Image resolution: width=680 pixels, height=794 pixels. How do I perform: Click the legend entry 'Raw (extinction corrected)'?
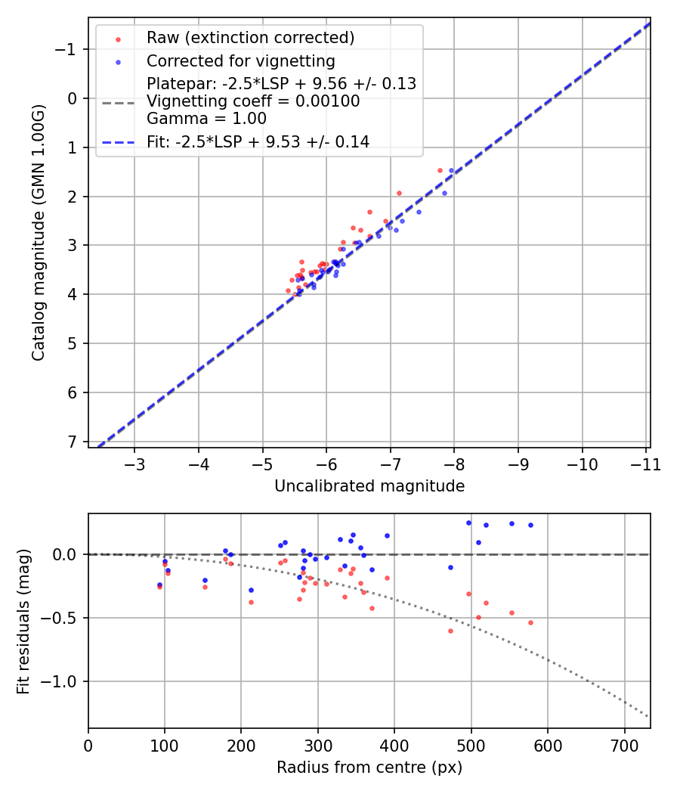pyautogui.click(x=250, y=38)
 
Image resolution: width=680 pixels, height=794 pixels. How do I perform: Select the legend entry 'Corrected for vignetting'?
pyautogui.click(x=240, y=60)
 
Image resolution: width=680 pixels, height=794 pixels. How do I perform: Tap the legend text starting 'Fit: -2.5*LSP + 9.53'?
pyautogui.click(x=258, y=141)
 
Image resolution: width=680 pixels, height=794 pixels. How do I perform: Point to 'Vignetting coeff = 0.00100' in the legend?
pyautogui.click(x=253, y=101)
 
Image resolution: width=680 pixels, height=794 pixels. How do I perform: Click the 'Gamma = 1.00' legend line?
pyautogui.click(x=206, y=119)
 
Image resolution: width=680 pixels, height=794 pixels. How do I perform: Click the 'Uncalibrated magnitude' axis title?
pyautogui.click(x=369, y=486)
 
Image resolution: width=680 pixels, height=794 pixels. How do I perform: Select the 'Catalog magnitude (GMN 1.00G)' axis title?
pyautogui.click(x=39, y=232)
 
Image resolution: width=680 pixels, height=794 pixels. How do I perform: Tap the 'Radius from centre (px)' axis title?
pyautogui.click(x=369, y=768)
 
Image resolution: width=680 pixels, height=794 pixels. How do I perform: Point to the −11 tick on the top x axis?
pyautogui.click(x=646, y=463)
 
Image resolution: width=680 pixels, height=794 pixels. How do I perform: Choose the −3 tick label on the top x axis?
pyautogui.click(x=134, y=463)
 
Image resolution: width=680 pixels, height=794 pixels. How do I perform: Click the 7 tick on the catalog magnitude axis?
pyautogui.click(x=72, y=441)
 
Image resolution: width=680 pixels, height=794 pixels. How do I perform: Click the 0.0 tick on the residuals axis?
pyautogui.click(x=66, y=554)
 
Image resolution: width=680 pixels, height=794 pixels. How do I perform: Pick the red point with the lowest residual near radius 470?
pyautogui.click(x=450, y=631)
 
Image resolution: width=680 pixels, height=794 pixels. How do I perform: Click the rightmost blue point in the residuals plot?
pyautogui.click(x=530, y=525)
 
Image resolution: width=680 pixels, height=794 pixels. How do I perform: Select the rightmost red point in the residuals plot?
pyautogui.click(x=530, y=622)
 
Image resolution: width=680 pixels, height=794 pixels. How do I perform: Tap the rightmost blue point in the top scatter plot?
pyautogui.click(x=451, y=171)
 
